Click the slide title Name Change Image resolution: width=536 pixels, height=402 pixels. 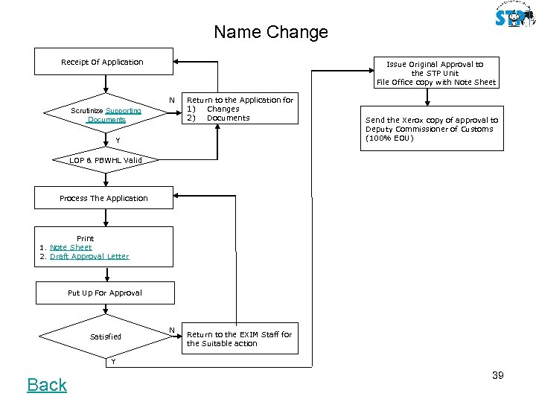pos(270,33)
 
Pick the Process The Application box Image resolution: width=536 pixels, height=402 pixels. pos(104,198)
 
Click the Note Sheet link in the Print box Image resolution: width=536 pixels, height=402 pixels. pos(71,247)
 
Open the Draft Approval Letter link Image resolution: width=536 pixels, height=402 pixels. pos(89,256)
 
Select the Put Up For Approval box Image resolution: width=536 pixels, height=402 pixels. pos(104,293)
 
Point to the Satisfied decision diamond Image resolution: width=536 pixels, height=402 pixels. pos(105,336)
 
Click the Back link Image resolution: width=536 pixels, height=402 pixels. pos(47,384)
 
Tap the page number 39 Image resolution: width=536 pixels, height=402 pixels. pos(497,375)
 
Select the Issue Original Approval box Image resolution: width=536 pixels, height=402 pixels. pos(435,73)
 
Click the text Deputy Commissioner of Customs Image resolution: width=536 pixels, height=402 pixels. pos(429,129)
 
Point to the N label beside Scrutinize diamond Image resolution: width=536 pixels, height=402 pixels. pos(171,100)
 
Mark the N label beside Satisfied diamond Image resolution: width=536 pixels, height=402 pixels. pos(171,330)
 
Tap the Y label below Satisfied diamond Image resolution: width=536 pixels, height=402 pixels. pos(113,362)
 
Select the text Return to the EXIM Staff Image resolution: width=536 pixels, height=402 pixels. pos(239,334)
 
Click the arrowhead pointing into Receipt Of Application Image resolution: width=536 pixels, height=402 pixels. pos(177,62)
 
